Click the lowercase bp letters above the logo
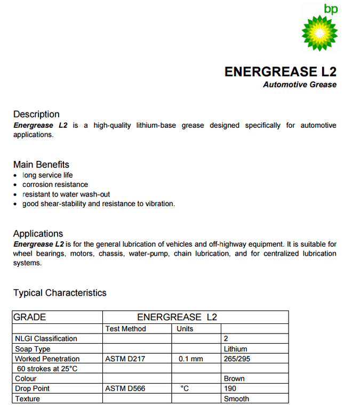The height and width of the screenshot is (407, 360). [x=331, y=9]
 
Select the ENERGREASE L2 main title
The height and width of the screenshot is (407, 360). [x=281, y=72]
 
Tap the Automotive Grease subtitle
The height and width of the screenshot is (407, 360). [x=300, y=85]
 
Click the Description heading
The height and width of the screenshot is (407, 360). [x=36, y=114]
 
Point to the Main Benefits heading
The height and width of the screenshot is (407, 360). [x=41, y=165]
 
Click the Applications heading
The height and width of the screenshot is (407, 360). [x=38, y=233]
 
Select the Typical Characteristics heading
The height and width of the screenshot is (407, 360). [x=60, y=292]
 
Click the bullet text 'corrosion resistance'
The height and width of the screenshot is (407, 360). [x=55, y=184]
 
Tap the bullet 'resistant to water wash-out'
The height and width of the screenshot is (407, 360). [x=66, y=194]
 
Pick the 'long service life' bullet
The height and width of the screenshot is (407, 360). [x=47, y=175]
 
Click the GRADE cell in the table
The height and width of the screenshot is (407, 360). [x=30, y=317]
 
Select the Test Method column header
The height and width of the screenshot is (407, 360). [x=125, y=329]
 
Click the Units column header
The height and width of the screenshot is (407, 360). [x=185, y=329]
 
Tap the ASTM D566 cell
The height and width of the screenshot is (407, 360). [x=125, y=388]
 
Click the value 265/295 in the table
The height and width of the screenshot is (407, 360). [x=237, y=359]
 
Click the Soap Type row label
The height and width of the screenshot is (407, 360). [x=33, y=349]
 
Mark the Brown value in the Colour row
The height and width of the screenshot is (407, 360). [x=234, y=379]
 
